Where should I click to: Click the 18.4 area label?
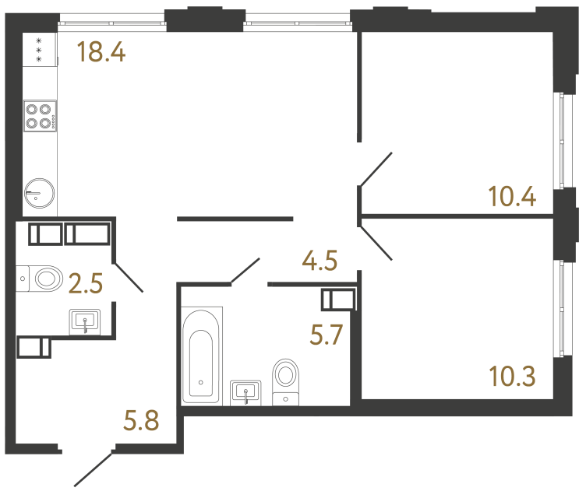tap(101, 52)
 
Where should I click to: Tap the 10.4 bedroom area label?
tap(513, 196)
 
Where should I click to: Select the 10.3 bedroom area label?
tap(513, 376)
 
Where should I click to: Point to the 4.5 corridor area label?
tap(319, 260)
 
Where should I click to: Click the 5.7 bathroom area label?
tap(327, 335)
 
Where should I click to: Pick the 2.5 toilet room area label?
tap(86, 283)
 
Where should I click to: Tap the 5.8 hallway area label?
tap(141, 420)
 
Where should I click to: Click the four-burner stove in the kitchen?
tap(40, 116)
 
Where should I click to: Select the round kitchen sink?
tap(39, 193)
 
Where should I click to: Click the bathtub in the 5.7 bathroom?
tap(201, 356)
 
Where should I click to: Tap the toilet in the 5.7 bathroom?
tap(286, 381)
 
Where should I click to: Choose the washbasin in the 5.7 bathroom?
tap(245, 393)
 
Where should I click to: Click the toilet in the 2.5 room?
tap(39, 279)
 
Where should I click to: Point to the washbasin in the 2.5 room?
tap(85, 322)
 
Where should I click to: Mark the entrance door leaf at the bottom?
tap(93, 469)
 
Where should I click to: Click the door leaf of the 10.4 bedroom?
tap(376, 169)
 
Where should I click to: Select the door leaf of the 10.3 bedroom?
tap(376, 242)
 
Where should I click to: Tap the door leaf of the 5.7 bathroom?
tap(245, 271)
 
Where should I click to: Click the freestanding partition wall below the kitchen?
tap(235, 219)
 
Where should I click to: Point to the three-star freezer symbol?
tap(38, 50)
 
